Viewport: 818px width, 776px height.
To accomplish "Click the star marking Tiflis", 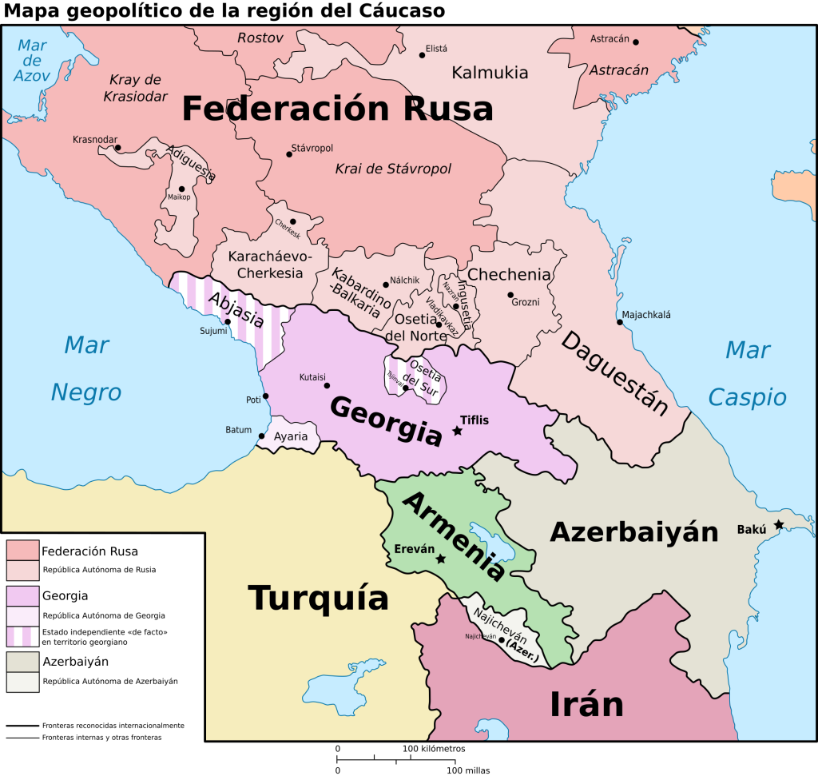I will pyautogui.click(x=458, y=431).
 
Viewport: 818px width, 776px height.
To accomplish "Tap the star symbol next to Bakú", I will pyautogui.click(x=779, y=525).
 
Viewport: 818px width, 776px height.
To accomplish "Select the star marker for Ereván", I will pyautogui.click(x=441, y=559).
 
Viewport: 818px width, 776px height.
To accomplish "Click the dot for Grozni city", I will pyautogui.click(x=510, y=295).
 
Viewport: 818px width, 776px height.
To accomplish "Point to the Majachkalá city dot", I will pyautogui.click(x=619, y=322).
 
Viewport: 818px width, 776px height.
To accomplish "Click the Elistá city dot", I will pyautogui.click(x=423, y=55).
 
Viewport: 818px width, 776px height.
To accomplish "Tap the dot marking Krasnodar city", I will pyautogui.click(x=117, y=148).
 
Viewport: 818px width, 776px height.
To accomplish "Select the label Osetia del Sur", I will pyautogui.click(x=421, y=373).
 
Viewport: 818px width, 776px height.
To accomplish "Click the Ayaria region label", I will pyautogui.click(x=291, y=437).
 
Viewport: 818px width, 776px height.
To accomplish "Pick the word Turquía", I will pyautogui.click(x=318, y=598).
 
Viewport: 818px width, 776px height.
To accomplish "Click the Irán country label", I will pyautogui.click(x=586, y=704).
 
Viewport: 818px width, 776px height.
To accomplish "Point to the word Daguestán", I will pyautogui.click(x=613, y=373).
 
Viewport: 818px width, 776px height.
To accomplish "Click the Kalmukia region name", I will pyautogui.click(x=490, y=73).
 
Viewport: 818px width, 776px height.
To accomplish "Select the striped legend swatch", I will pyautogui.click(x=22, y=636).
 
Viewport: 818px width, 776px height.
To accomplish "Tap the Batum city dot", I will pyautogui.click(x=262, y=436).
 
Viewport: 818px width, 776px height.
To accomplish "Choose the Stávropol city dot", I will pyautogui.click(x=289, y=154).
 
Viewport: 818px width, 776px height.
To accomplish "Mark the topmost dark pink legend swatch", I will pyautogui.click(x=22, y=551).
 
